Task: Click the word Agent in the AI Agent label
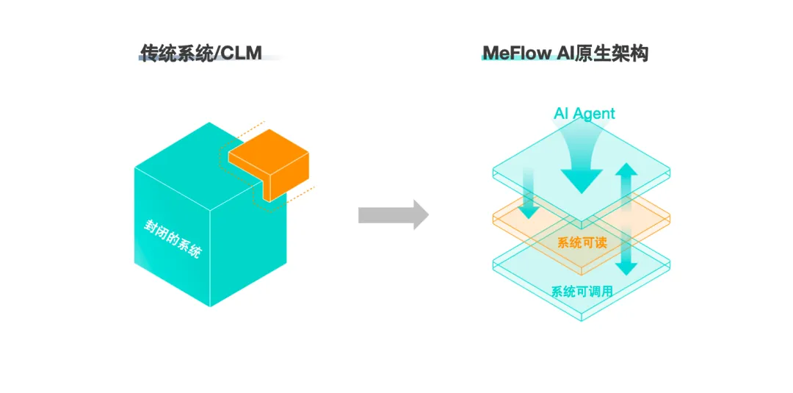(x=593, y=113)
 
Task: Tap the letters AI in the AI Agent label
(x=561, y=113)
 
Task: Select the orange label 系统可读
(x=582, y=242)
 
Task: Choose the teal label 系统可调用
(x=582, y=292)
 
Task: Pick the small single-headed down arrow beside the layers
(x=528, y=195)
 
